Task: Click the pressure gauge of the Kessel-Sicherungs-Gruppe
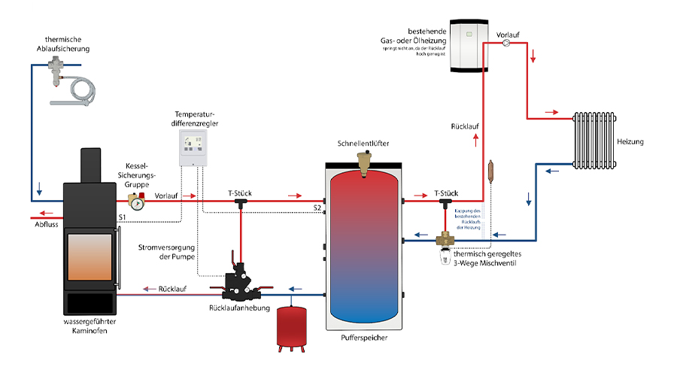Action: click(136, 202)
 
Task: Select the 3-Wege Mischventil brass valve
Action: click(445, 241)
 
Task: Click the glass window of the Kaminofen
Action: click(93, 259)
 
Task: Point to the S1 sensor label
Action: click(121, 218)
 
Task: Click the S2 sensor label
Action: click(317, 205)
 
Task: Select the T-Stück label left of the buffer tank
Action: click(240, 193)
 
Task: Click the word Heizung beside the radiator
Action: click(630, 141)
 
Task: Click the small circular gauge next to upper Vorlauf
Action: click(507, 43)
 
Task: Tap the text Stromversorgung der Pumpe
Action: click(166, 251)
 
